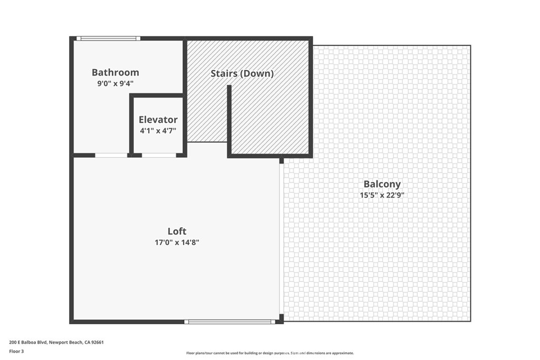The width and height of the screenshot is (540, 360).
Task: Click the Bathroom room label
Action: [x=115, y=72]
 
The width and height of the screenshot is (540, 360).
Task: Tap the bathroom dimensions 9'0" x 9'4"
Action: [x=115, y=83]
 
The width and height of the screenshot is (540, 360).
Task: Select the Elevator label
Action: [x=158, y=120]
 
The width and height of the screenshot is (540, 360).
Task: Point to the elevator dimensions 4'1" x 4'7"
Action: [x=158, y=130]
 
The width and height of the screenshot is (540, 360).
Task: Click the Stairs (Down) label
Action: [x=242, y=73]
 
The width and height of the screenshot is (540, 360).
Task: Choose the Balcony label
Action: [x=382, y=184]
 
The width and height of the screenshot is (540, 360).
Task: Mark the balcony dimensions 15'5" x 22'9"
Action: [x=382, y=195]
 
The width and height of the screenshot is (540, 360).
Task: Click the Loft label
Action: [x=177, y=231]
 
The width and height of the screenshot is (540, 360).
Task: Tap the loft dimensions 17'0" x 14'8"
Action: [x=177, y=242]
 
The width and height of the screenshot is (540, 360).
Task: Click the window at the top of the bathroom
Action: [x=108, y=38]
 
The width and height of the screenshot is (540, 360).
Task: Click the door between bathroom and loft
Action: [x=111, y=155]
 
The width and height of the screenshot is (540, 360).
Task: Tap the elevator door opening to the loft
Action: [x=159, y=155]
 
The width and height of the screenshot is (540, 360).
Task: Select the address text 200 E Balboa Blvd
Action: [x=28, y=342]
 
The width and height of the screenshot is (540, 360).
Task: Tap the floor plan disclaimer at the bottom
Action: [x=269, y=353]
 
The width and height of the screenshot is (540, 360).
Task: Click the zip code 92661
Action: [x=97, y=342]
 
